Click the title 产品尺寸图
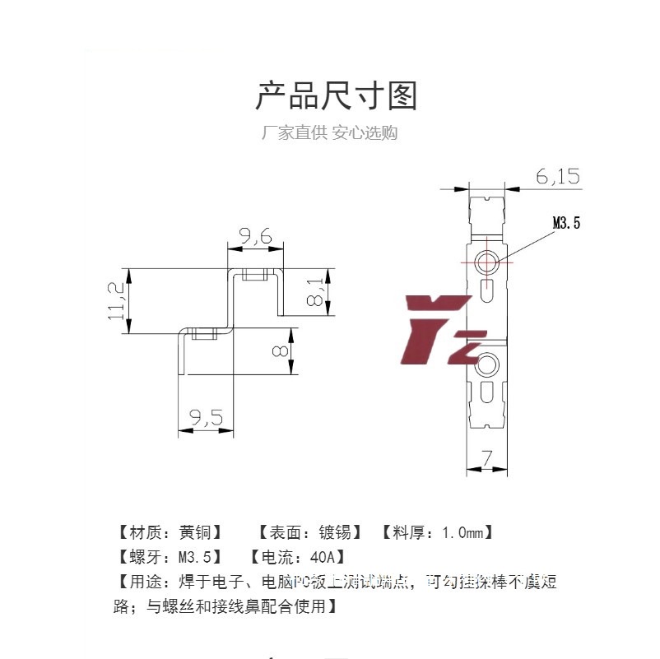[336, 96]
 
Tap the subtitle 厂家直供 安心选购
[329, 133]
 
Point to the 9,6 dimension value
[255, 237]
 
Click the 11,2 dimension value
[115, 300]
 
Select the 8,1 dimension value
[316, 292]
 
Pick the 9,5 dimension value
[206, 419]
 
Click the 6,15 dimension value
[558, 176]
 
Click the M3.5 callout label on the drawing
[566, 222]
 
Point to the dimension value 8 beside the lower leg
[281, 351]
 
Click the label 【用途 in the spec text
[136, 582]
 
